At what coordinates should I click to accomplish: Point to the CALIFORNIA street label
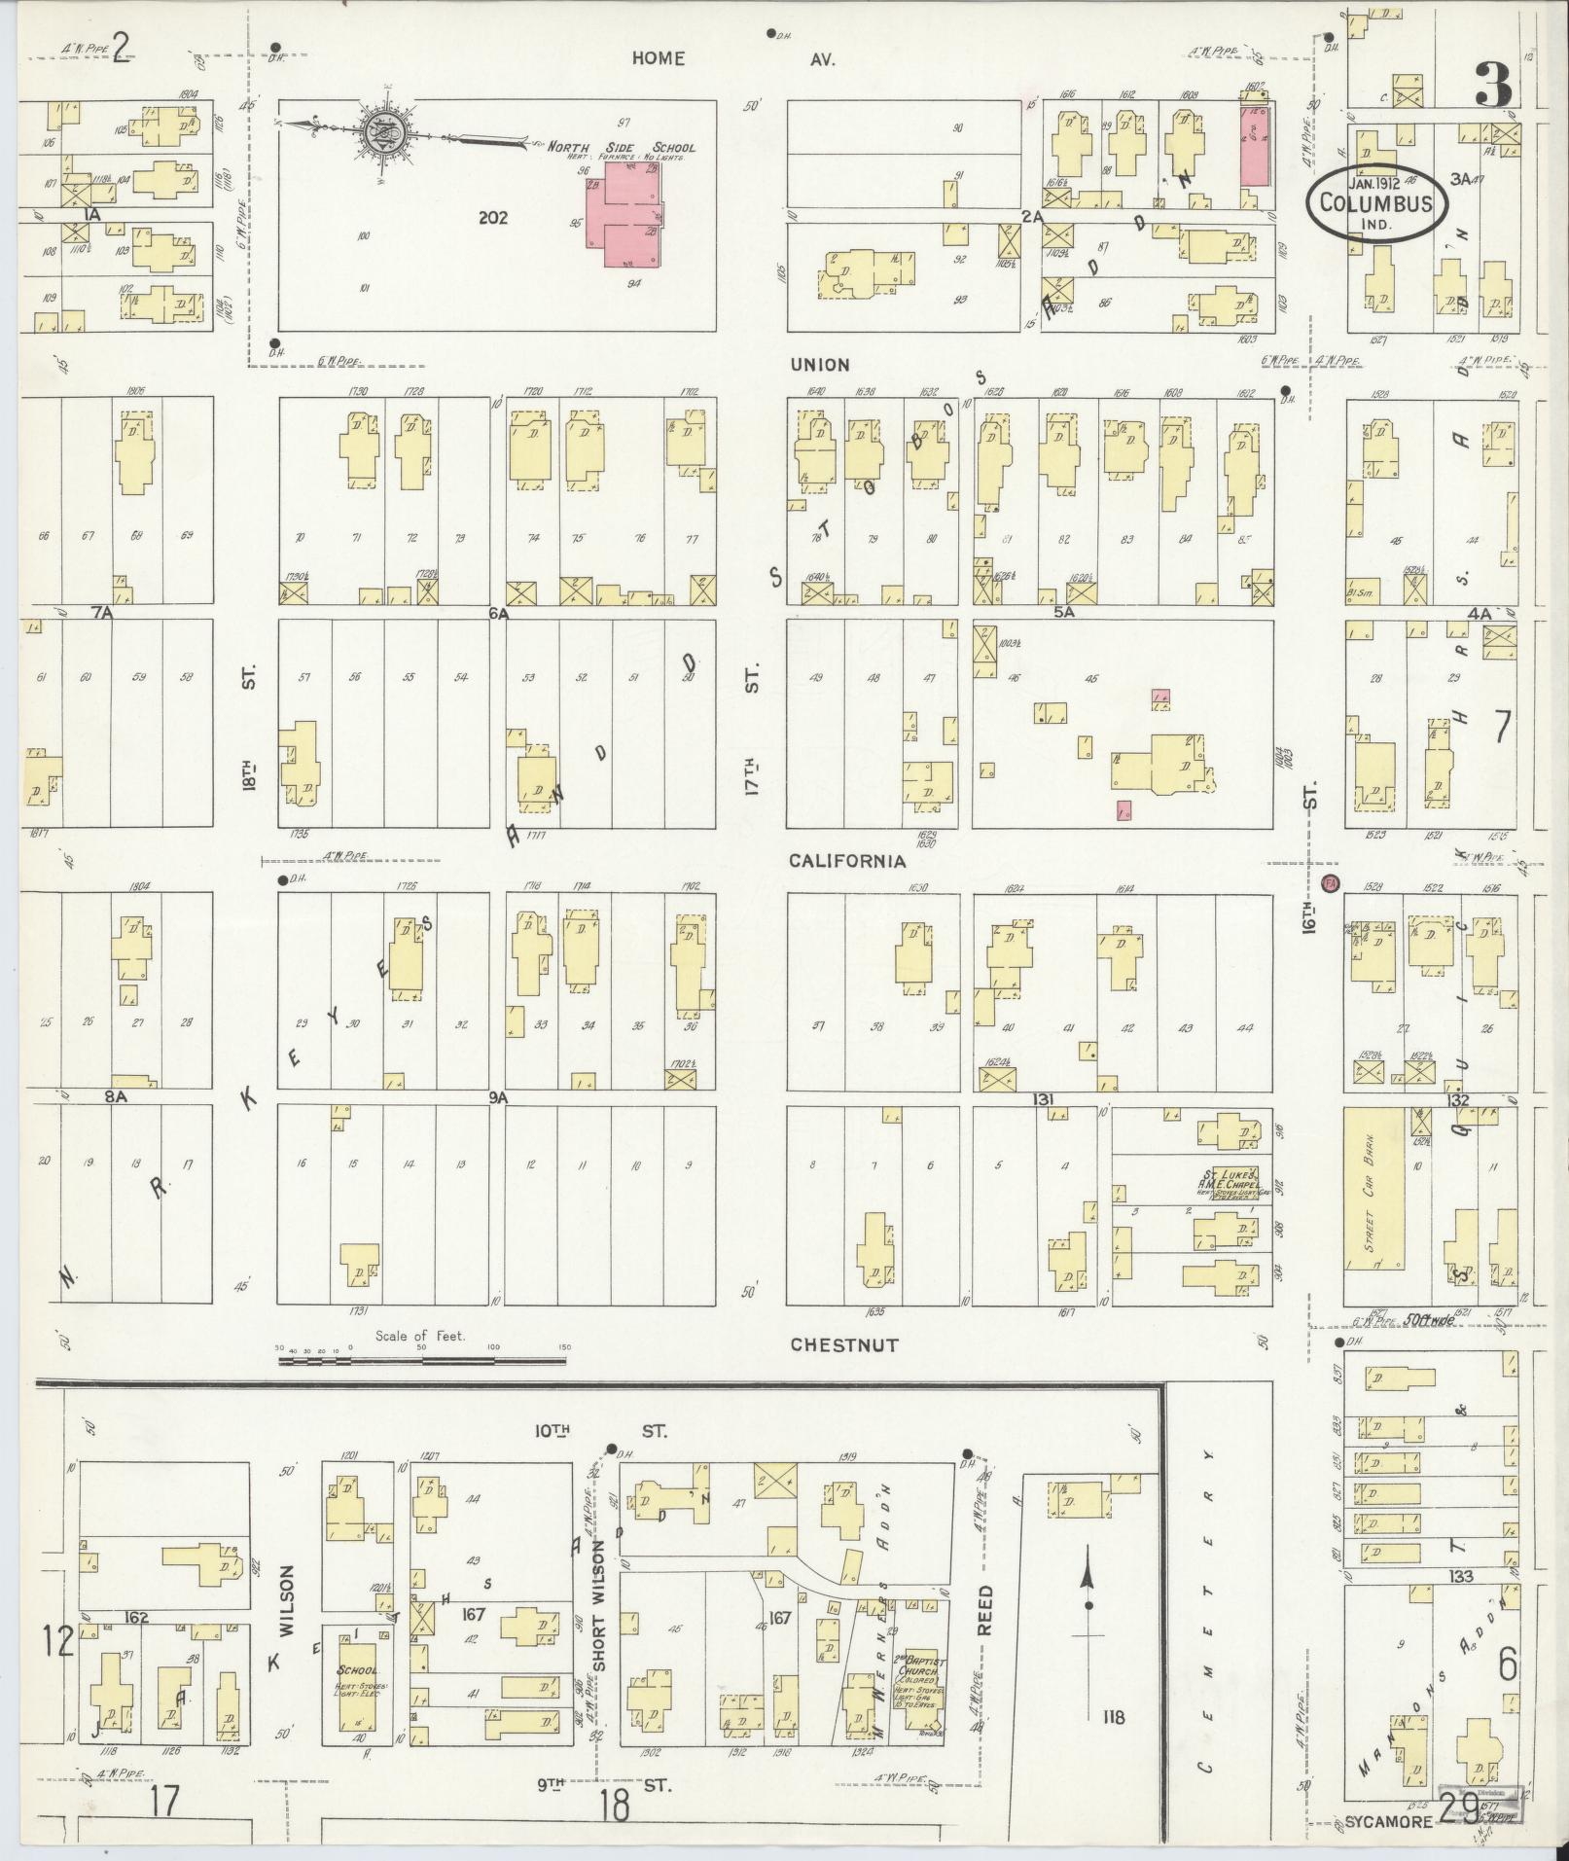(846, 861)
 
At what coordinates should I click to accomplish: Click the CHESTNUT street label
(843, 1344)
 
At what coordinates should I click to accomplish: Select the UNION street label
(819, 365)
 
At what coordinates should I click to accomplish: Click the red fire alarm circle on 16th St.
(1332, 883)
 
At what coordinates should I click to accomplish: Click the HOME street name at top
(658, 58)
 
